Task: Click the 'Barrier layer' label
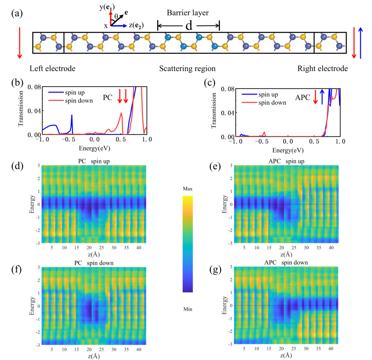[187, 13]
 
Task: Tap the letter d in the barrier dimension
[189, 26]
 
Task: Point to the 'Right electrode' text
[322, 68]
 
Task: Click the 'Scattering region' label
[187, 68]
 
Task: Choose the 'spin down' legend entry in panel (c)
[272, 102]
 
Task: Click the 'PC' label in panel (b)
[108, 97]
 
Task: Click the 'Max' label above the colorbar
[188, 189]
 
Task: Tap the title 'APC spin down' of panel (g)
[287, 262]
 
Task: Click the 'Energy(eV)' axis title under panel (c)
[288, 151]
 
